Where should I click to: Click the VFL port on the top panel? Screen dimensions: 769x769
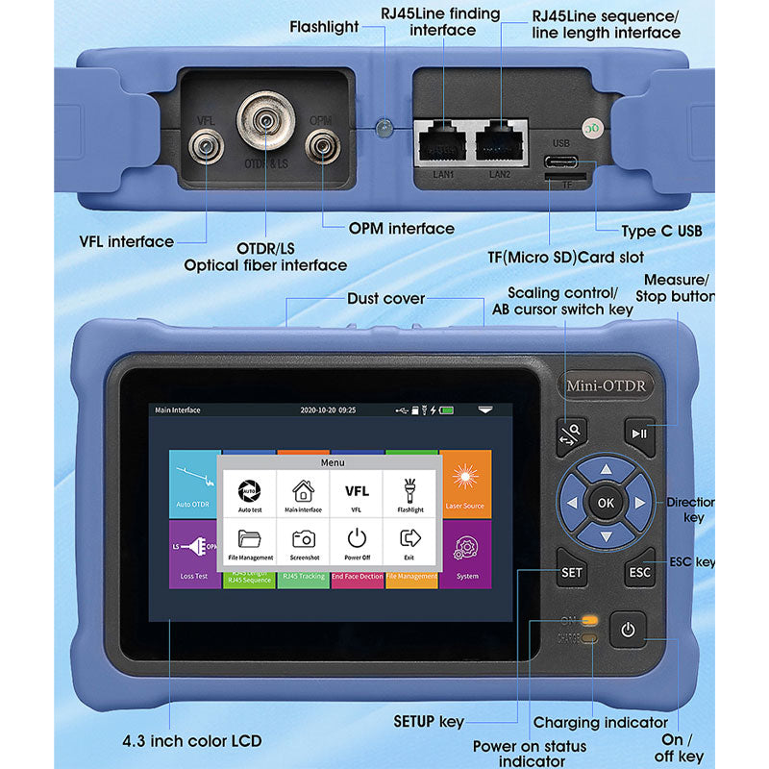(205, 147)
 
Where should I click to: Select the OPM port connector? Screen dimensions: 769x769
(320, 147)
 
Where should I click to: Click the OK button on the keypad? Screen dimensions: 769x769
(605, 502)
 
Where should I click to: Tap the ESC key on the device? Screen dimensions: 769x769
(639, 572)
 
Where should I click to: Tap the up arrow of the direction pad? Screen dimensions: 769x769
(605, 470)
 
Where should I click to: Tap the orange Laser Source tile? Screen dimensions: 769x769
(465, 484)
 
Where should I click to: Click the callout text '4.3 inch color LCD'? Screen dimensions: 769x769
(192, 741)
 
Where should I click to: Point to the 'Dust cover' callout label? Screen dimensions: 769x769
(385, 299)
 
